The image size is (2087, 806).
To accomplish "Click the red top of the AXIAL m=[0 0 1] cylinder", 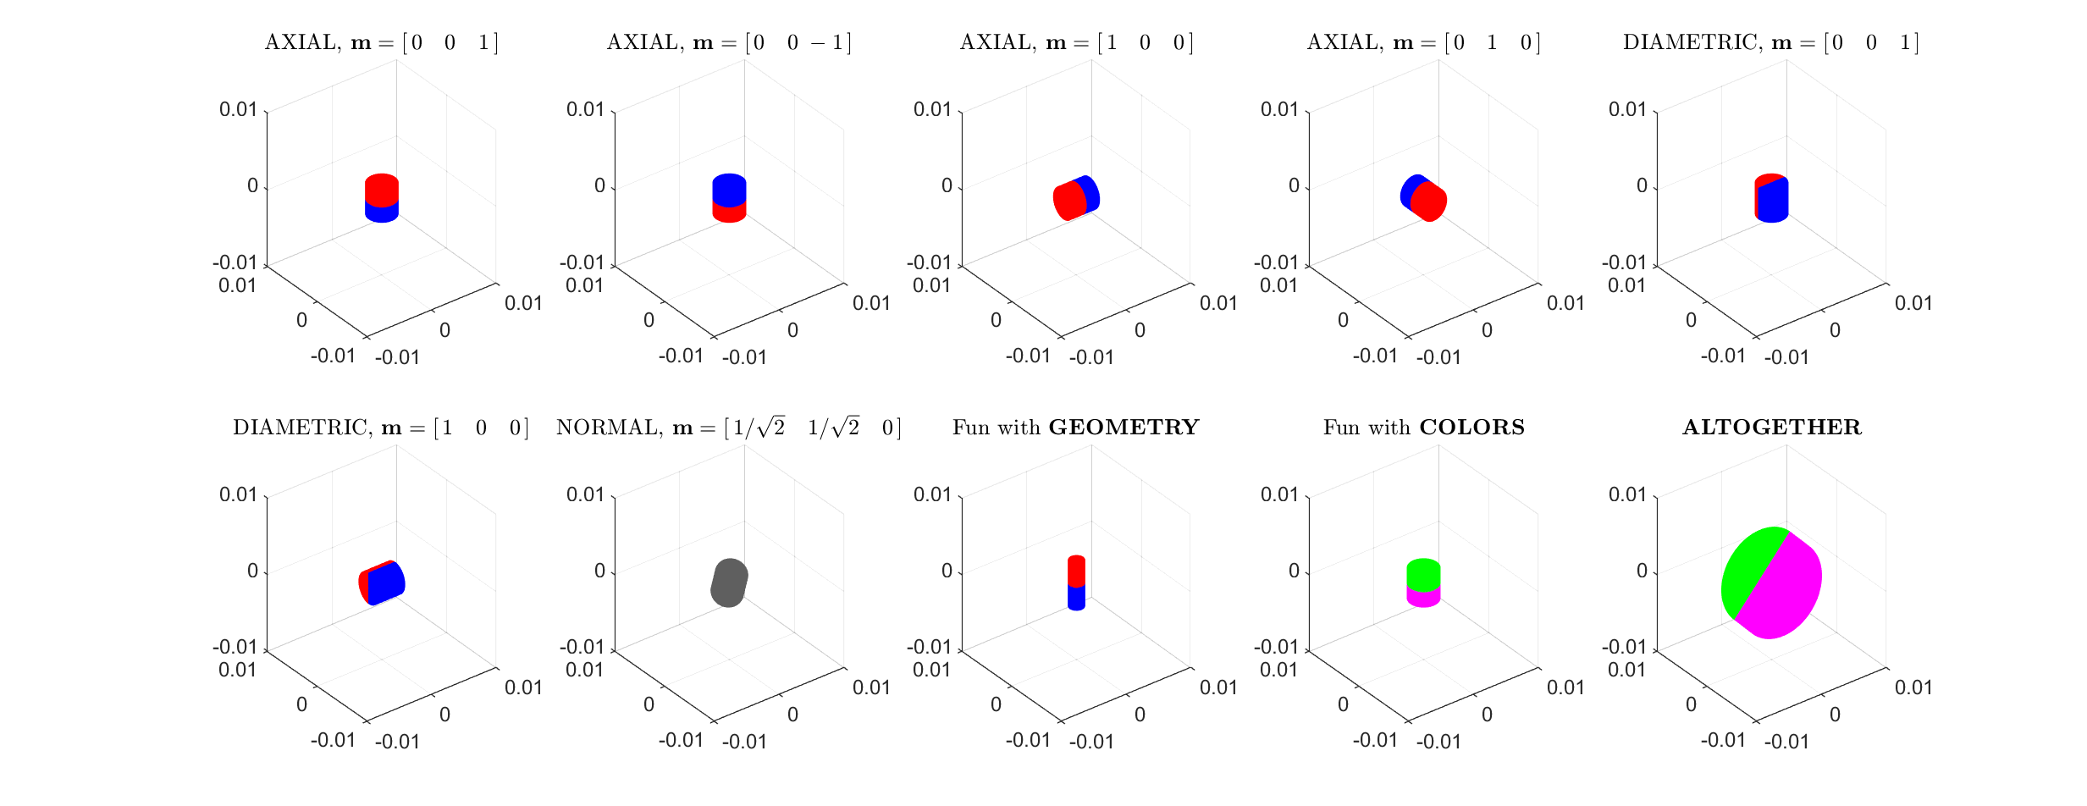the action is click(382, 189).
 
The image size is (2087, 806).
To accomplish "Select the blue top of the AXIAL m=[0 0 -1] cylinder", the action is click(729, 189).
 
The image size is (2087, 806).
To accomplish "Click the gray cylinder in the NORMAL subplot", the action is click(729, 582).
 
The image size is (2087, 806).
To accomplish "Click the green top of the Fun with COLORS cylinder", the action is click(1423, 574).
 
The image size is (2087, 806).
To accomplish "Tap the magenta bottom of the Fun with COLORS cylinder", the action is click(1423, 599).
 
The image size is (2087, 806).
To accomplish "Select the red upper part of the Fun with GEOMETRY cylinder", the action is click(1076, 571).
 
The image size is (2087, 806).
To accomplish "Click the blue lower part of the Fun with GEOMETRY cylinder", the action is click(1076, 598).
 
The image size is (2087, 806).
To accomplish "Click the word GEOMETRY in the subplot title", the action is click(1124, 428).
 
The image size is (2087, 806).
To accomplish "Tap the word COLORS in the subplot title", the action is click(1471, 428).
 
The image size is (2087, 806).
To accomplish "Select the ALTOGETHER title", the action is click(1772, 428).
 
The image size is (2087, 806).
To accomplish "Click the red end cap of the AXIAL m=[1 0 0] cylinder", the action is click(1069, 202).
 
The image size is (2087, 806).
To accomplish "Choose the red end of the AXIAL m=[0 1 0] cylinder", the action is click(1429, 202).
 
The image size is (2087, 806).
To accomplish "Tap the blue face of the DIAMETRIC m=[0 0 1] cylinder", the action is click(1773, 201).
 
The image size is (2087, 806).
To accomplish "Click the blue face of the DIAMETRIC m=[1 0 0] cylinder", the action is click(387, 582).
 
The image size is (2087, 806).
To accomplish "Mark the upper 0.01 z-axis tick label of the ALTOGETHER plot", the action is click(1626, 494).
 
